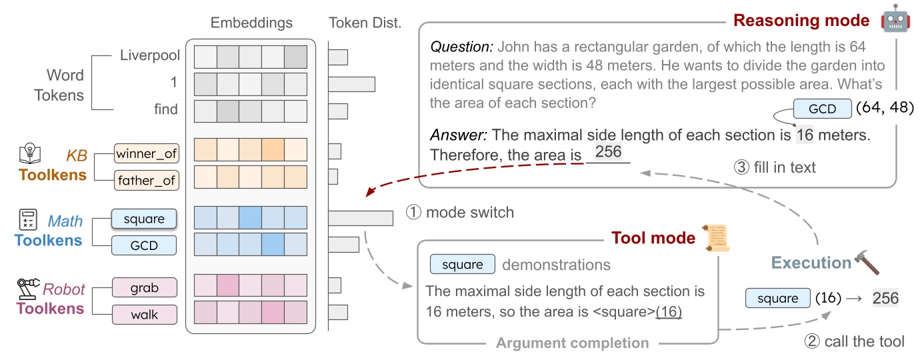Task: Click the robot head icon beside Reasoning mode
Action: [895, 20]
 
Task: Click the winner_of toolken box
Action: [147, 154]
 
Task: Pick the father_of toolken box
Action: [147, 179]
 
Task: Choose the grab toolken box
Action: [144, 287]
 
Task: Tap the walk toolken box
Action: [144, 313]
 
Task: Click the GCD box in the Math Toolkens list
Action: [144, 245]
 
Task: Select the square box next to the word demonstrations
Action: [462, 265]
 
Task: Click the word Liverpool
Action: [149, 55]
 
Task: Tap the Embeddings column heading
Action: [251, 23]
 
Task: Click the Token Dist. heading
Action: [365, 23]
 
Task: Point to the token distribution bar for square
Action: [360, 219]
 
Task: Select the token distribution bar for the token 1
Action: [351, 84]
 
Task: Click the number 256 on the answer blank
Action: [608, 152]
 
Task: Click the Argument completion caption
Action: [572, 343]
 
